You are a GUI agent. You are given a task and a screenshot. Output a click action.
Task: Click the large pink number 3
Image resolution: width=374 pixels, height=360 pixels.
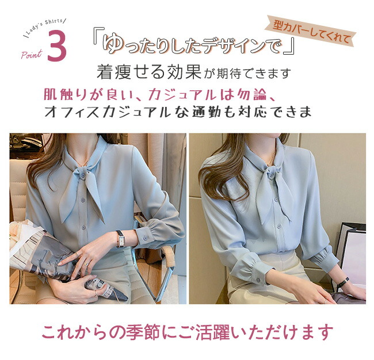tap(57, 46)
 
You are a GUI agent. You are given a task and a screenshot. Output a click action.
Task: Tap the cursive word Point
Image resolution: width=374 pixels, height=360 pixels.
tap(31, 55)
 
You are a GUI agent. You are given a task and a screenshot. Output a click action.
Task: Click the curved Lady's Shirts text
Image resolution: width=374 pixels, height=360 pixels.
tap(45, 26)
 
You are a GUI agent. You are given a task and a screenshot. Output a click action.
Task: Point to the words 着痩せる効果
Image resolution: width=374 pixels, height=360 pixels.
tap(149, 72)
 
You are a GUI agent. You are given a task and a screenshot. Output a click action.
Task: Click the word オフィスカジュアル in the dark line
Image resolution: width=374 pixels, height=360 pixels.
tap(108, 112)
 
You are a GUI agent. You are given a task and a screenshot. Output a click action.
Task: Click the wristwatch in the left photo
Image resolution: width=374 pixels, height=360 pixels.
tap(120, 239)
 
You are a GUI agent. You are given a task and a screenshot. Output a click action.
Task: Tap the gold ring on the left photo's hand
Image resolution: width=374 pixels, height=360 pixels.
tap(86, 264)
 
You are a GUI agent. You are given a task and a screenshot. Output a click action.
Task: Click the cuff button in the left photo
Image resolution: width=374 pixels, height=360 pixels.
tap(144, 238)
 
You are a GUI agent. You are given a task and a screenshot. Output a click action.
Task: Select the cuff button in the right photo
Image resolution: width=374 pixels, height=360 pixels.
tap(258, 280)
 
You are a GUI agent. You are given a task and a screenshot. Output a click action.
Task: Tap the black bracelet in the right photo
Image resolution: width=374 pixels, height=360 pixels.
tap(343, 283)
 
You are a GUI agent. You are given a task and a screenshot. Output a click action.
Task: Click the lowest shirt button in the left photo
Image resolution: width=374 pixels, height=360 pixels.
tap(84, 227)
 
